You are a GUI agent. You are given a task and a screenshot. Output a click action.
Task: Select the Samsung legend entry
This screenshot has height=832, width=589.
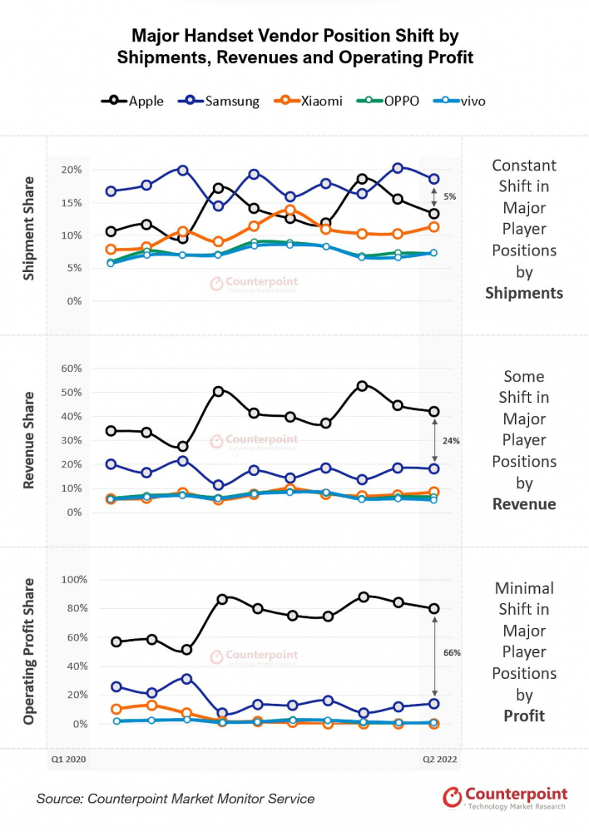tap(223, 101)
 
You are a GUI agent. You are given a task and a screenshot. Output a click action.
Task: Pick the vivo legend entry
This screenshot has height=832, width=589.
tap(459, 101)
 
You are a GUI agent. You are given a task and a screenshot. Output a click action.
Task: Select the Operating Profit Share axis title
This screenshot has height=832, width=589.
tap(29, 651)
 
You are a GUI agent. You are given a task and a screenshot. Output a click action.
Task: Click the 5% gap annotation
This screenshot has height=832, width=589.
tap(449, 196)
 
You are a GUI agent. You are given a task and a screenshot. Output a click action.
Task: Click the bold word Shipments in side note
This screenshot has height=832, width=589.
tap(524, 293)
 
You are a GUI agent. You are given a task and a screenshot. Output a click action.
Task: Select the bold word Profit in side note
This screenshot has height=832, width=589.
tap(524, 716)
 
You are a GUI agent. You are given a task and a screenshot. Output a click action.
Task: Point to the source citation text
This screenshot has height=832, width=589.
tap(176, 799)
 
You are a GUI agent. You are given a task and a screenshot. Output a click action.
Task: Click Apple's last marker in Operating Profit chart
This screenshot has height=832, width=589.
tap(433, 608)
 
